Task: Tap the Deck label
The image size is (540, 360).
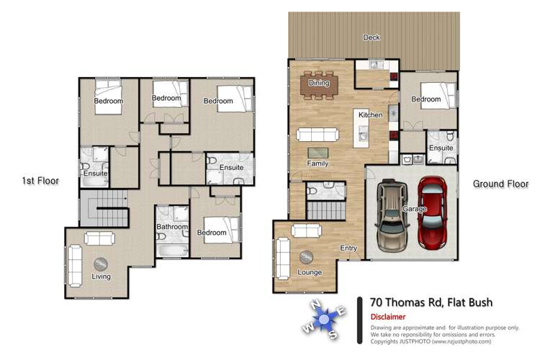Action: pyautogui.click(x=372, y=37)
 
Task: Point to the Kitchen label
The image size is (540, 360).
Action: pyautogui.click(x=370, y=115)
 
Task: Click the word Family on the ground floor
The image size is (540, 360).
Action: pyautogui.click(x=318, y=164)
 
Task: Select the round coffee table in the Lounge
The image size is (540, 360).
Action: pyautogui.click(x=307, y=257)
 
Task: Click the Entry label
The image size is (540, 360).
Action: pyautogui.click(x=348, y=248)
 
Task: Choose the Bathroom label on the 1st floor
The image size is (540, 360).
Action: pyautogui.click(x=172, y=228)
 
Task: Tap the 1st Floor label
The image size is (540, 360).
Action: pyautogui.click(x=40, y=181)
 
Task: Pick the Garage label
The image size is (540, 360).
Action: pyautogui.click(x=415, y=209)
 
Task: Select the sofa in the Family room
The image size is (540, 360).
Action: pyautogui.click(x=318, y=134)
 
